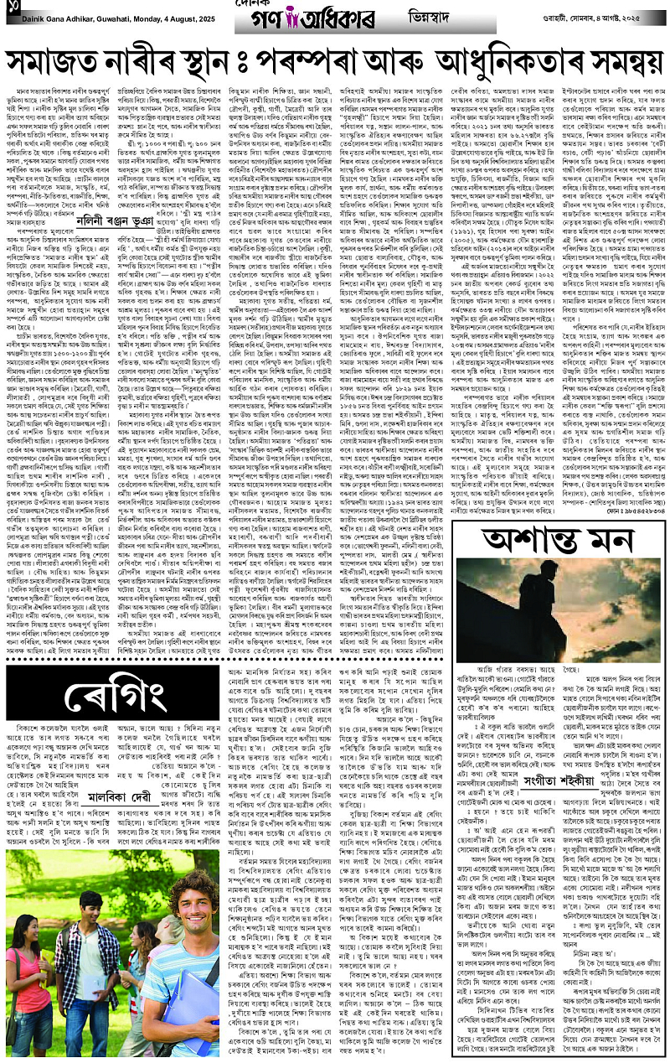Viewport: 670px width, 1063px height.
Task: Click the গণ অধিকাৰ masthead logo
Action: click(336, 18)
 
